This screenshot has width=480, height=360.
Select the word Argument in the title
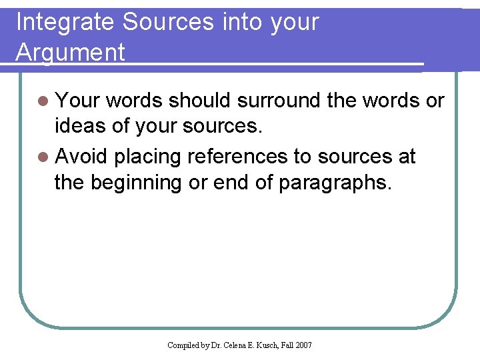click(70, 52)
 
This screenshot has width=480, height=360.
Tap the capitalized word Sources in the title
click(167, 23)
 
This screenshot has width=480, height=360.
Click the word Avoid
click(82, 157)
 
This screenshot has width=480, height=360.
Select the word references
click(237, 157)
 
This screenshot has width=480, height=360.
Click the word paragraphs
click(333, 183)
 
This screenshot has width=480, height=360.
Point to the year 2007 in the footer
click(303, 345)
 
